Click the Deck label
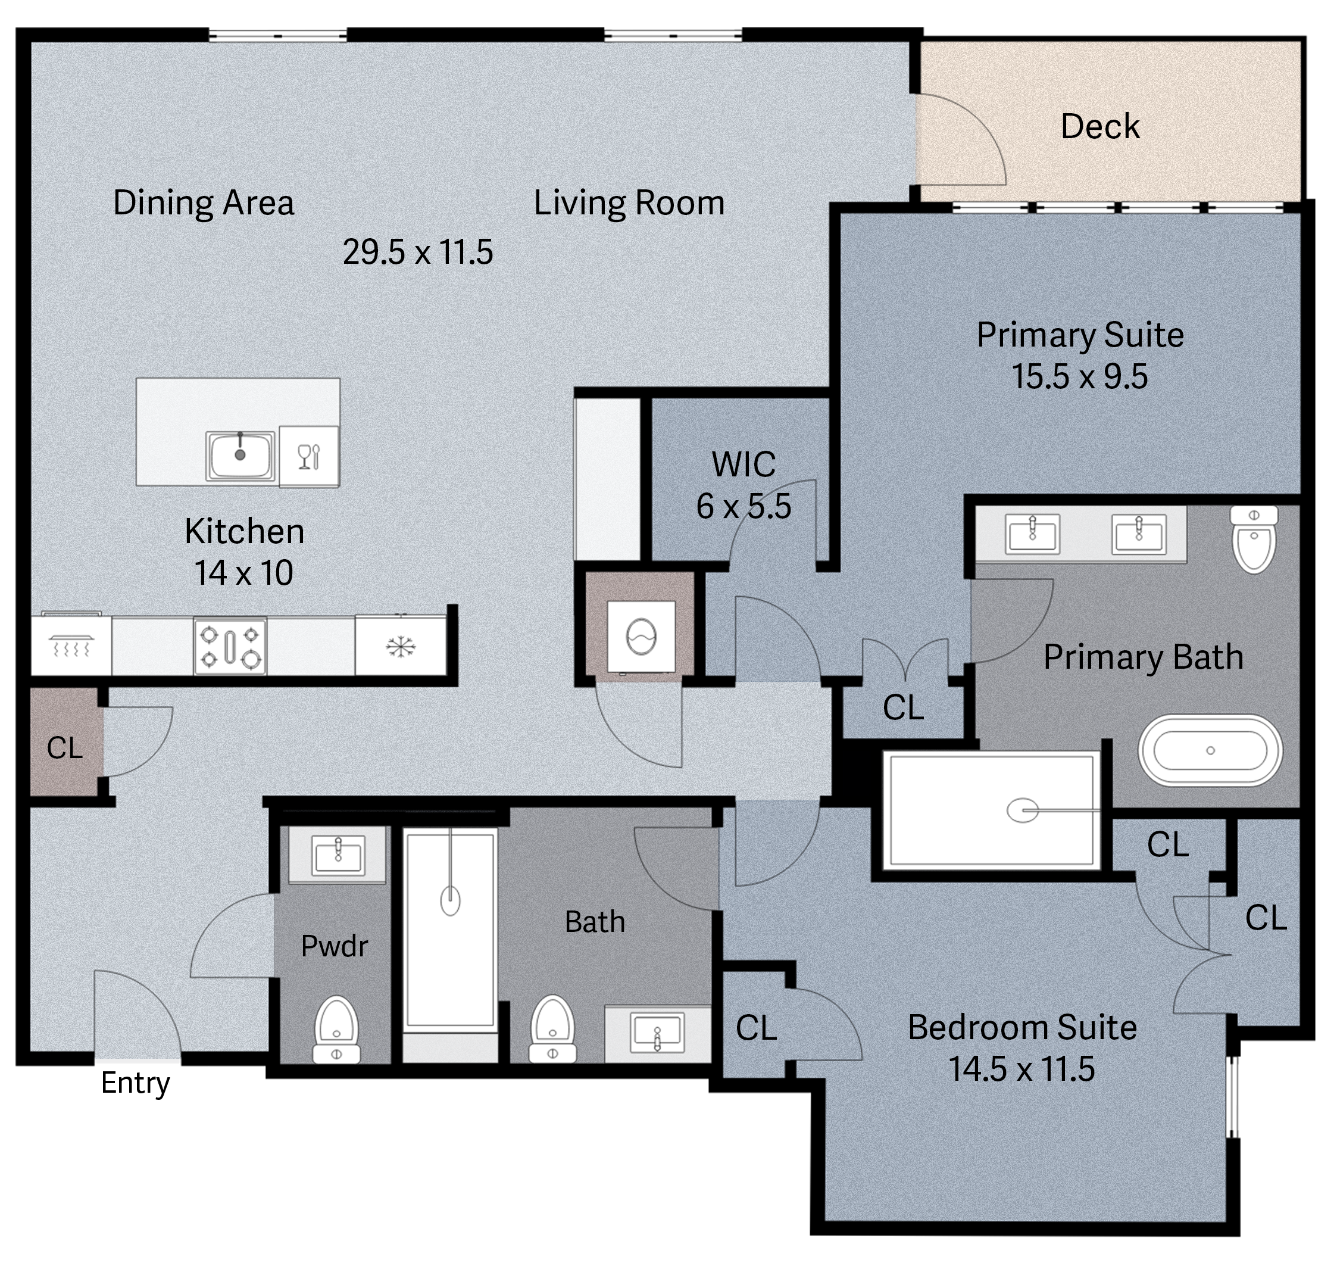1100,126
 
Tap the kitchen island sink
240,456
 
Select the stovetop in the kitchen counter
230,647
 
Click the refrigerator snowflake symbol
401,647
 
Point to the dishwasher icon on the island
309,456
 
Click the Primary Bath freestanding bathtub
1210,750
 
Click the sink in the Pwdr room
338,855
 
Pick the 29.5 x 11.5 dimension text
417,252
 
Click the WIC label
744,464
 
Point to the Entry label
135,1084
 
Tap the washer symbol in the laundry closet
641,637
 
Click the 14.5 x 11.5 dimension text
1022,1069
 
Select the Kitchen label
244,531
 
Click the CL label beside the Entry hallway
65,748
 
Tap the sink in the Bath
657,1033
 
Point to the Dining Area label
203,202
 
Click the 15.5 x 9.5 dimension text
1079,376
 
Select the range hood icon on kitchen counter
71,647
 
